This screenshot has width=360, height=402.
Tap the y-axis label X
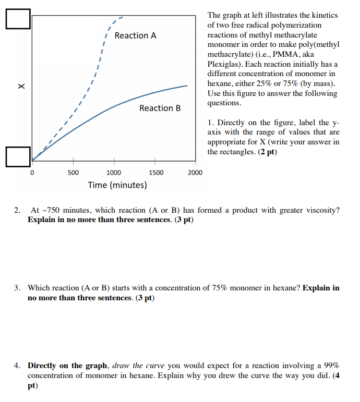pyautogui.click(x=21, y=86)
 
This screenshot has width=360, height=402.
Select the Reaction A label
pyautogui.click(x=135, y=35)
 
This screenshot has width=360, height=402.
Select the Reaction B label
pyautogui.click(x=160, y=108)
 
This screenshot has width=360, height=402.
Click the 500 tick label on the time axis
pyautogui.click(x=73, y=173)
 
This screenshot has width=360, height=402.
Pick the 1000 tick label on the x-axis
pyautogui.click(x=114, y=173)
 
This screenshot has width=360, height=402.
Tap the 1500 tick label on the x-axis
pyautogui.click(x=155, y=173)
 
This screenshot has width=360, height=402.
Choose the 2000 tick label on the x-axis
pyautogui.click(x=195, y=173)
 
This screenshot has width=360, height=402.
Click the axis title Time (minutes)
pyautogui.click(x=117, y=185)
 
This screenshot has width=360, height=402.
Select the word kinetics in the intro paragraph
pyautogui.click(x=323, y=15)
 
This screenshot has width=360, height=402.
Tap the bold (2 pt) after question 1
pyautogui.click(x=267, y=152)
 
